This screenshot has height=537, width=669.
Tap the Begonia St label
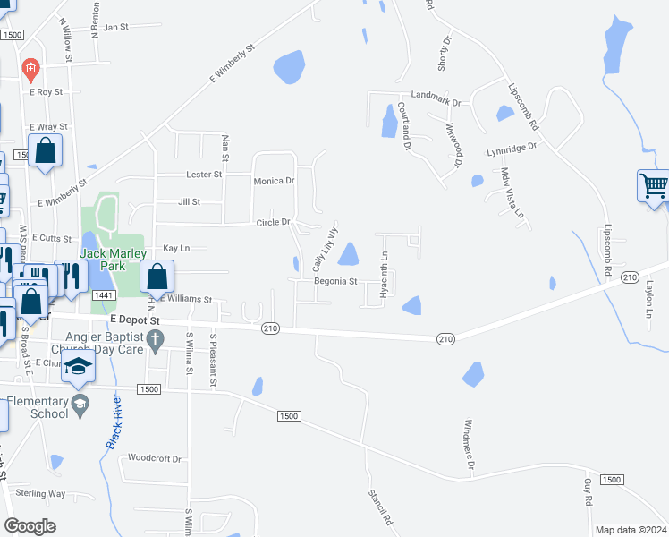point(335,281)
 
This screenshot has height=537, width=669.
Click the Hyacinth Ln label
point(383,274)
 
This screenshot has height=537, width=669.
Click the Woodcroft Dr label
point(155,458)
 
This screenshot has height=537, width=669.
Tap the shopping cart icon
point(654,186)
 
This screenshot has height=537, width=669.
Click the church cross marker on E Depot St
point(156,338)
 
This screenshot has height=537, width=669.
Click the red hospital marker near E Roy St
point(30,68)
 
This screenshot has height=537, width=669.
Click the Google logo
point(30,525)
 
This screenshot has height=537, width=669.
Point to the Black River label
point(114,420)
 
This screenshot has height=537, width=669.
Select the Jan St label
point(116,27)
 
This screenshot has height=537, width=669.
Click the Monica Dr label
point(274,181)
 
